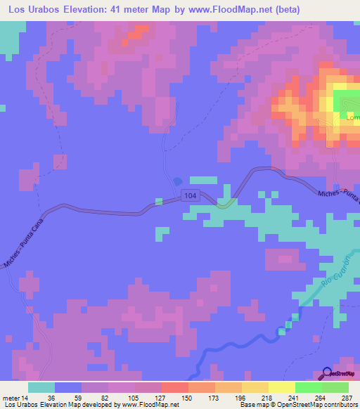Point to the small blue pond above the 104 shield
tap(176, 181)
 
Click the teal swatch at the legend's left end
tap(41, 387)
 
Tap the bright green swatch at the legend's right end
tap(335, 387)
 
